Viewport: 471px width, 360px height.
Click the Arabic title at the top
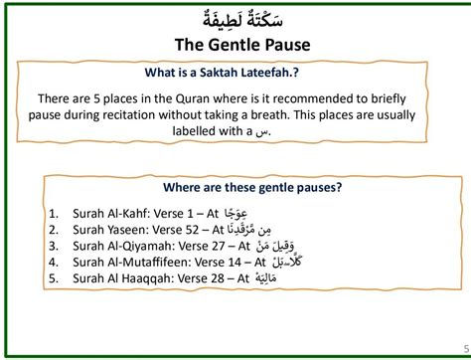coord(242,19)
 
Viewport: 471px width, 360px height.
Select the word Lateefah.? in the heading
coord(269,73)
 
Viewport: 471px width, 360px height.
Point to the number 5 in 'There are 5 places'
coord(96,98)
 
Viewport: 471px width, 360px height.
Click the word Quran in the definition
coord(193,99)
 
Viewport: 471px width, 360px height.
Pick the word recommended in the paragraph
coord(311,98)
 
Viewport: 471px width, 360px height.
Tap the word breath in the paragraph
coord(270,115)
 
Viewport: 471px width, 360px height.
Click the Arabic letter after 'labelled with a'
coord(261,132)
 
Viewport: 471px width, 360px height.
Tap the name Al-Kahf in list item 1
coord(127,214)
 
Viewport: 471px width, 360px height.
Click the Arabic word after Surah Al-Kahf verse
coord(235,214)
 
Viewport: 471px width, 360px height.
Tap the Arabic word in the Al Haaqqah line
coord(266,277)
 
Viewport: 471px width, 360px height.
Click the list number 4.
coord(54,263)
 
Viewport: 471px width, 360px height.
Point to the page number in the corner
coord(466,348)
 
